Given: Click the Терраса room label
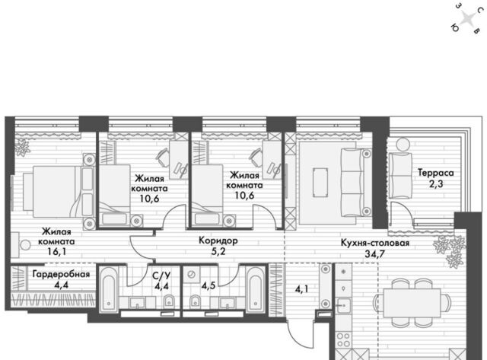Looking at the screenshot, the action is coord(435,173).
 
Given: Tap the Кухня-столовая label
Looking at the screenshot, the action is coord(375,243).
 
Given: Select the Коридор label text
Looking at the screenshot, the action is coord(218,241).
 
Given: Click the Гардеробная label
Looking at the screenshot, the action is coord(61,274).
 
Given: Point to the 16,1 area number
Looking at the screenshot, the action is coord(56,252).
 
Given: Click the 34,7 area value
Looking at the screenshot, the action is coord(375,254).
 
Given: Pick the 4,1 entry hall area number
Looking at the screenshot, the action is coord(302,289).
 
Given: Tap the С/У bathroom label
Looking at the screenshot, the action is coord(161,276).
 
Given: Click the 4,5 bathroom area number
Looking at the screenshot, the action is coord(208,285).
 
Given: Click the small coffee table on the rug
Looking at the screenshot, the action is coord(320,183).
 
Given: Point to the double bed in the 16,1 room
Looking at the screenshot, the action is coord(59,192).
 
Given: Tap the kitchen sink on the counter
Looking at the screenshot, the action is coord(343,305).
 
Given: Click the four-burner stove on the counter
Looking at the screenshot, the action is coord(343,339).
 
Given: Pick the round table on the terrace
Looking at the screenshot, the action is coord(403,144).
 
